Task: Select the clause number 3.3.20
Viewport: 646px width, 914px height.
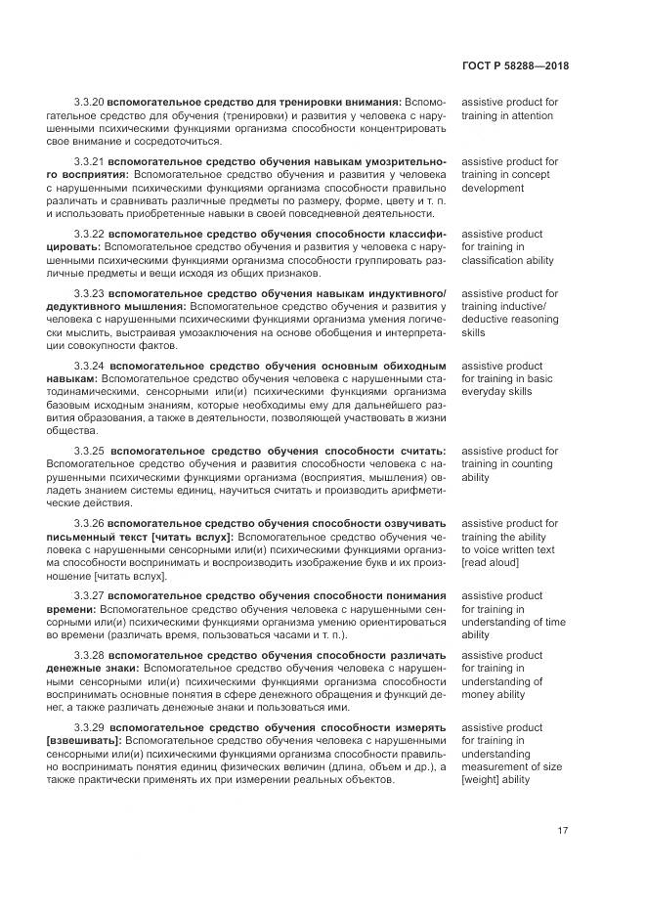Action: click(x=89, y=102)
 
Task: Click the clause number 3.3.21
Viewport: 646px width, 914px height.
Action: click(x=89, y=161)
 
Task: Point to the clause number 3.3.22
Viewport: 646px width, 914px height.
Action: click(x=89, y=235)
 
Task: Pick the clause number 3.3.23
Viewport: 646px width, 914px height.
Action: click(x=89, y=293)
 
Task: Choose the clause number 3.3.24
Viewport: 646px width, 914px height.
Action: click(x=89, y=366)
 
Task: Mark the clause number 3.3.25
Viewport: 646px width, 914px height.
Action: click(x=89, y=452)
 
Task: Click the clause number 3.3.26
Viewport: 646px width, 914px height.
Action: click(x=89, y=524)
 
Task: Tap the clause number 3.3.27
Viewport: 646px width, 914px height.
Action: click(x=89, y=595)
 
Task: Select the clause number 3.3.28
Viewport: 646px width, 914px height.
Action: click(x=89, y=655)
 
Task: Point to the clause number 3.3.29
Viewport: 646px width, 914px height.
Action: click(x=89, y=728)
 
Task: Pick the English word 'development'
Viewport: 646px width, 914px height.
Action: click(x=493, y=189)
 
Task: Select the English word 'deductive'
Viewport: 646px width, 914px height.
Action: click(x=486, y=320)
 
